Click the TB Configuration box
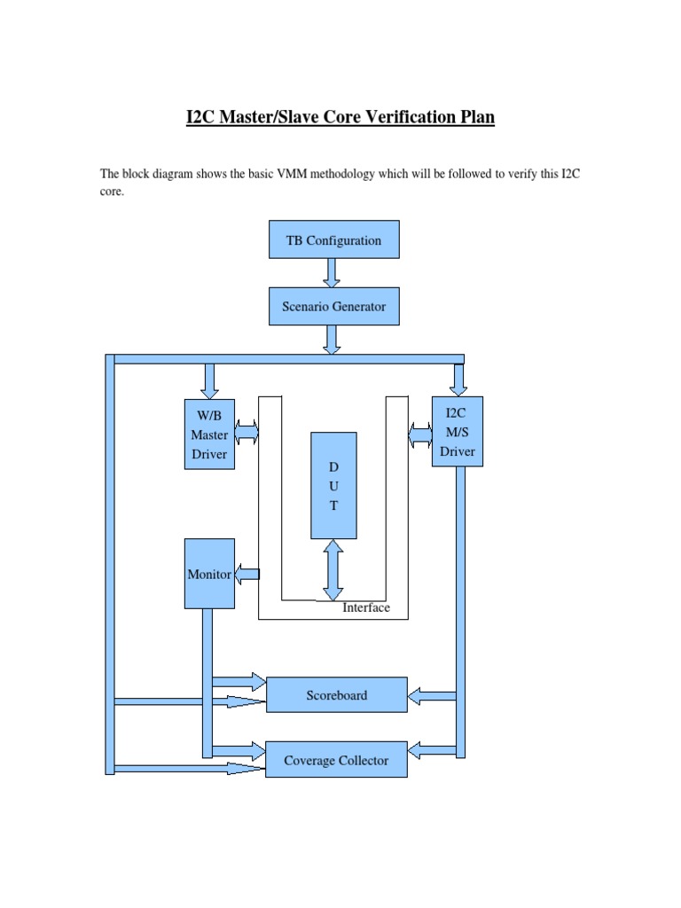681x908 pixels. pos(333,240)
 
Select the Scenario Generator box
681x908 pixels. pos(333,307)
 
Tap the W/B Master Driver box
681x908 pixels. pos(209,434)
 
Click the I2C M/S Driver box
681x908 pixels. pos(458,432)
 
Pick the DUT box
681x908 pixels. pos(333,485)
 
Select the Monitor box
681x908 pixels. pos(209,574)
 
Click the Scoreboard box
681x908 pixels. pos(336,695)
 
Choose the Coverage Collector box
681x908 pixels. pos(336,760)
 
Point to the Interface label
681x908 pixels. pos(366,607)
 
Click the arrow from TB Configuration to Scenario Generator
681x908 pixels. pos(332,273)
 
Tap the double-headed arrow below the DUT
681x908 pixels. pos(333,570)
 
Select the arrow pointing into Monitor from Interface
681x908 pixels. pos(247,574)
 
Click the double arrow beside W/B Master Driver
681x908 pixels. pos(247,433)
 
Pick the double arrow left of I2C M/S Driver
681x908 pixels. pos(420,434)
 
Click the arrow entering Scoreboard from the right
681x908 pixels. pos(432,695)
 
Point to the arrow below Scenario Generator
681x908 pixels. pos(332,340)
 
